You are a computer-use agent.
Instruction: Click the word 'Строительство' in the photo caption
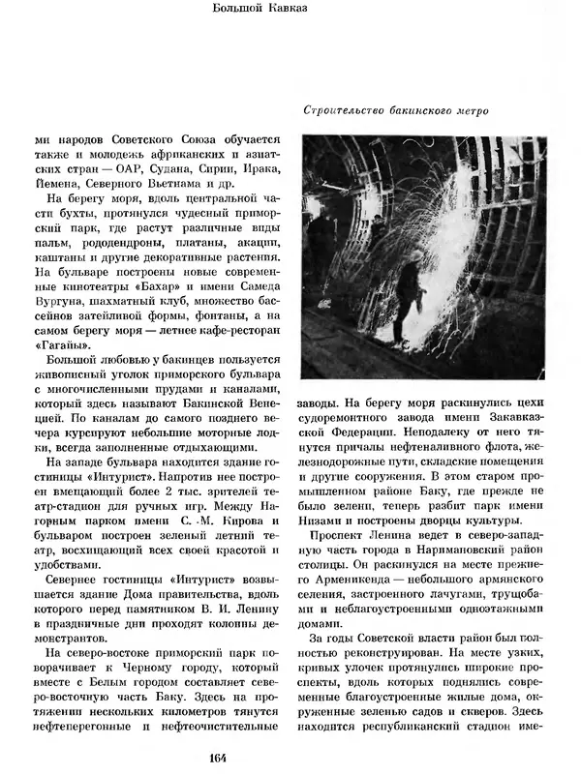(x=343, y=110)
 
